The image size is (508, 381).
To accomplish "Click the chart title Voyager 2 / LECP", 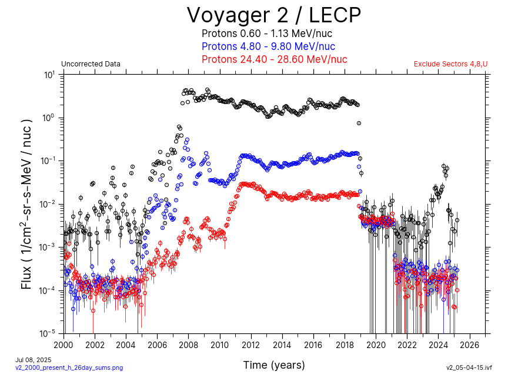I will (x=274, y=14).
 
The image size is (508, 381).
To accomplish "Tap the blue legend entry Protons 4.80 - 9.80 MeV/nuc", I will (x=268, y=46).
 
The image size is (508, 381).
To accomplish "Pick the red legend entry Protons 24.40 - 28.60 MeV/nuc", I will (x=274, y=59).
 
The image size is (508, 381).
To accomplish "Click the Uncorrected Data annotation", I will (x=91, y=64).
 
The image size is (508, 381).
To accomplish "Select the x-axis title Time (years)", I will (x=274, y=365).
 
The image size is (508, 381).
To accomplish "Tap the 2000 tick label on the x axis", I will (x=63, y=345).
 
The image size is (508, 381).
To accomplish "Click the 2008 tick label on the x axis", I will (x=189, y=345).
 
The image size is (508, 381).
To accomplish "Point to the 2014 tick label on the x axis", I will (x=282, y=345).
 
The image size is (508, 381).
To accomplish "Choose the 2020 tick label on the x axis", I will (x=376, y=345).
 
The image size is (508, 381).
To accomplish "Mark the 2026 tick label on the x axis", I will (x=470, y=345).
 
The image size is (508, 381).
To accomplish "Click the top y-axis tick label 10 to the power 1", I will (x=49, y=75).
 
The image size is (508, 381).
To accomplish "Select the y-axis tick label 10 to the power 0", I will (x=49, y=118).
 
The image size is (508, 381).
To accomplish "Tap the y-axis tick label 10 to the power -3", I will (x=48, y=247).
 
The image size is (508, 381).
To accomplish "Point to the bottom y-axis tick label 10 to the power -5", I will (x=48, y=333).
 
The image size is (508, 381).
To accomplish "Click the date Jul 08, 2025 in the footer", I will (x=34, y=359).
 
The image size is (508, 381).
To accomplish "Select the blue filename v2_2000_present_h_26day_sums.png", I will (x=69, y=367).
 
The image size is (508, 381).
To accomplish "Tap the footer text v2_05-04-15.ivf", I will (x=469, y=367).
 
